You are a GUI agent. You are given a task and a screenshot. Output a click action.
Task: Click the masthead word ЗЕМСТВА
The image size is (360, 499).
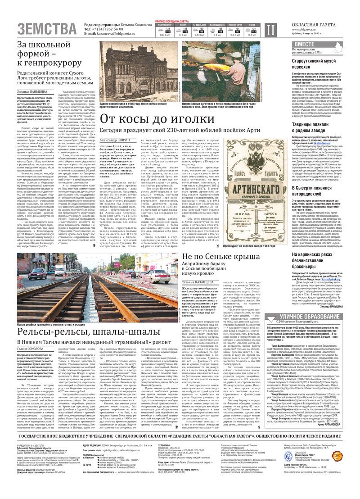click(47, 29)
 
